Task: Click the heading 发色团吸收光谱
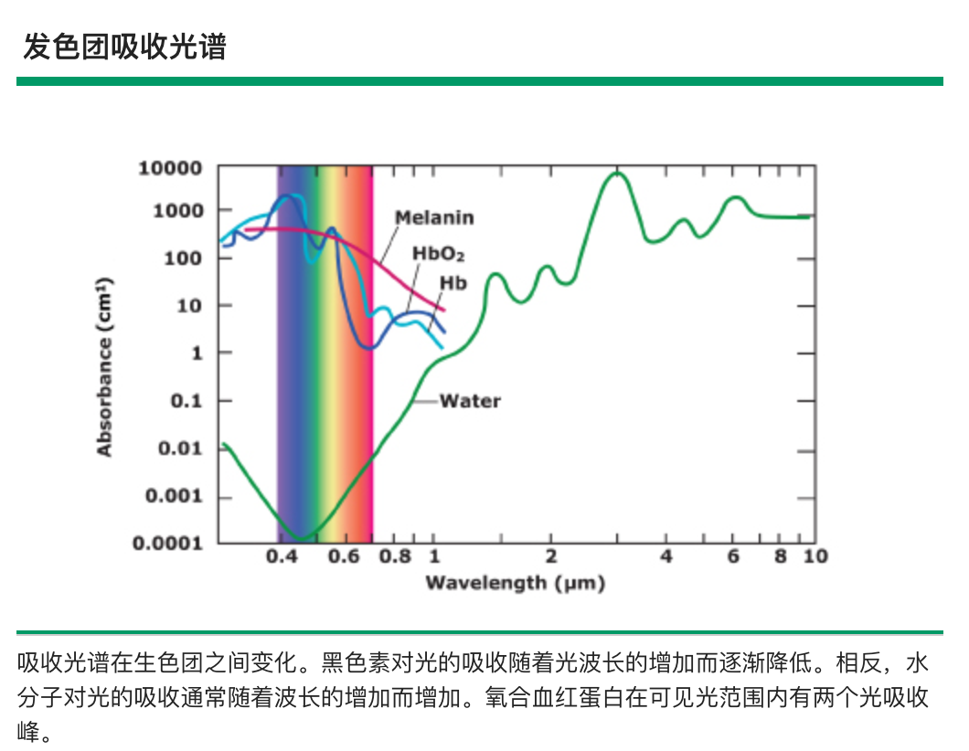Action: coord(124,47)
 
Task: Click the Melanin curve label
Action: coord(434,217)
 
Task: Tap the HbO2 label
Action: coord(438,253)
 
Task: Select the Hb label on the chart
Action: coord(453,283)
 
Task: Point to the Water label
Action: coord(470,400)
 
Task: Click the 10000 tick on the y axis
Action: coord(170,168)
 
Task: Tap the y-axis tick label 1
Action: coord(197,354)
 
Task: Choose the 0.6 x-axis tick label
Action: coord(344,556)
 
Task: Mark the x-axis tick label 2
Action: coord(550,556)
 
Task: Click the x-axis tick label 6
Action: coord(733,556)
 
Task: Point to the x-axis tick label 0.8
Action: coord(396,556)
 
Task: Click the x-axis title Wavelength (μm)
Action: coord(515,583)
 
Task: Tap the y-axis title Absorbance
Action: coord(105,365)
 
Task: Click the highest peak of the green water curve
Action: coord(618,173)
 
